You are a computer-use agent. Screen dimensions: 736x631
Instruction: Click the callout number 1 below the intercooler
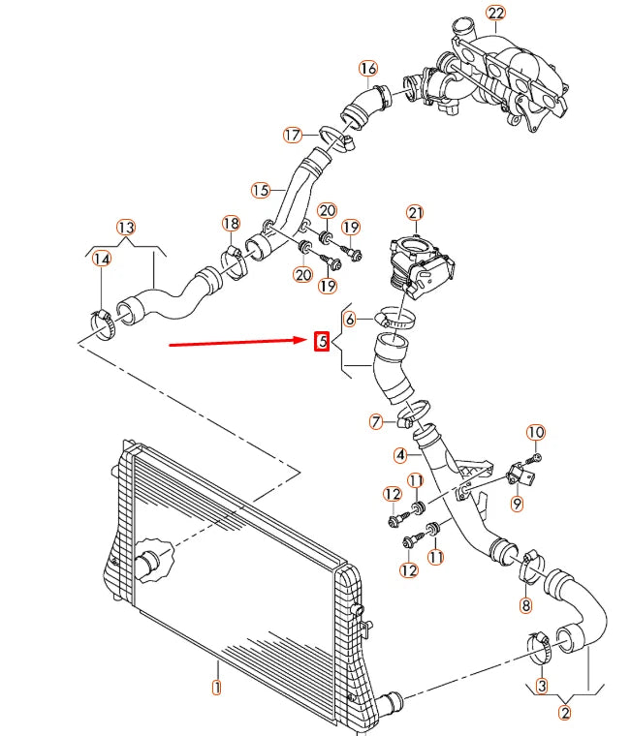(x=217, y=689)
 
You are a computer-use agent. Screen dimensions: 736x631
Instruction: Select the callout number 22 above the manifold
(x=496, y=13)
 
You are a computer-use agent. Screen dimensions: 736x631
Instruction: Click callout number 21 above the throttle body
(x=415, y=212)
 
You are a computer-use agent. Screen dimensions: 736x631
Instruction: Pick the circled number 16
(x=367, y=69)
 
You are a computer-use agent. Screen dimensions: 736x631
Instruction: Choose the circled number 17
(x=294, y=135)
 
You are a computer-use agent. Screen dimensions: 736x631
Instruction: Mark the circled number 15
(x=260, y=191)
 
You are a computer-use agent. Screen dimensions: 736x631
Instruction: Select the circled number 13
(x=126, y=227)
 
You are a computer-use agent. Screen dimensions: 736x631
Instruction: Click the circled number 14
(x=101, y=259)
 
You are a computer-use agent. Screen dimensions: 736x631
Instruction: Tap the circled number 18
(x=230, y=224)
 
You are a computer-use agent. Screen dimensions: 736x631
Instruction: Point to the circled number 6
(x=351, y=319)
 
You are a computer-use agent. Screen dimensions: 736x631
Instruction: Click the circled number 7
(x=376, y=421)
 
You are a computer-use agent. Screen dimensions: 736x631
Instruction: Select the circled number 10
(x=536, y=432)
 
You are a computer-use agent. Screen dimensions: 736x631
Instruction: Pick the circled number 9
(x=517, y=504)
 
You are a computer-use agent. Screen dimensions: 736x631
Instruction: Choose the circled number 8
(x=526, y=606)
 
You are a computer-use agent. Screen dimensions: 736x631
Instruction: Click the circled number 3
(x=542, y=686)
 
